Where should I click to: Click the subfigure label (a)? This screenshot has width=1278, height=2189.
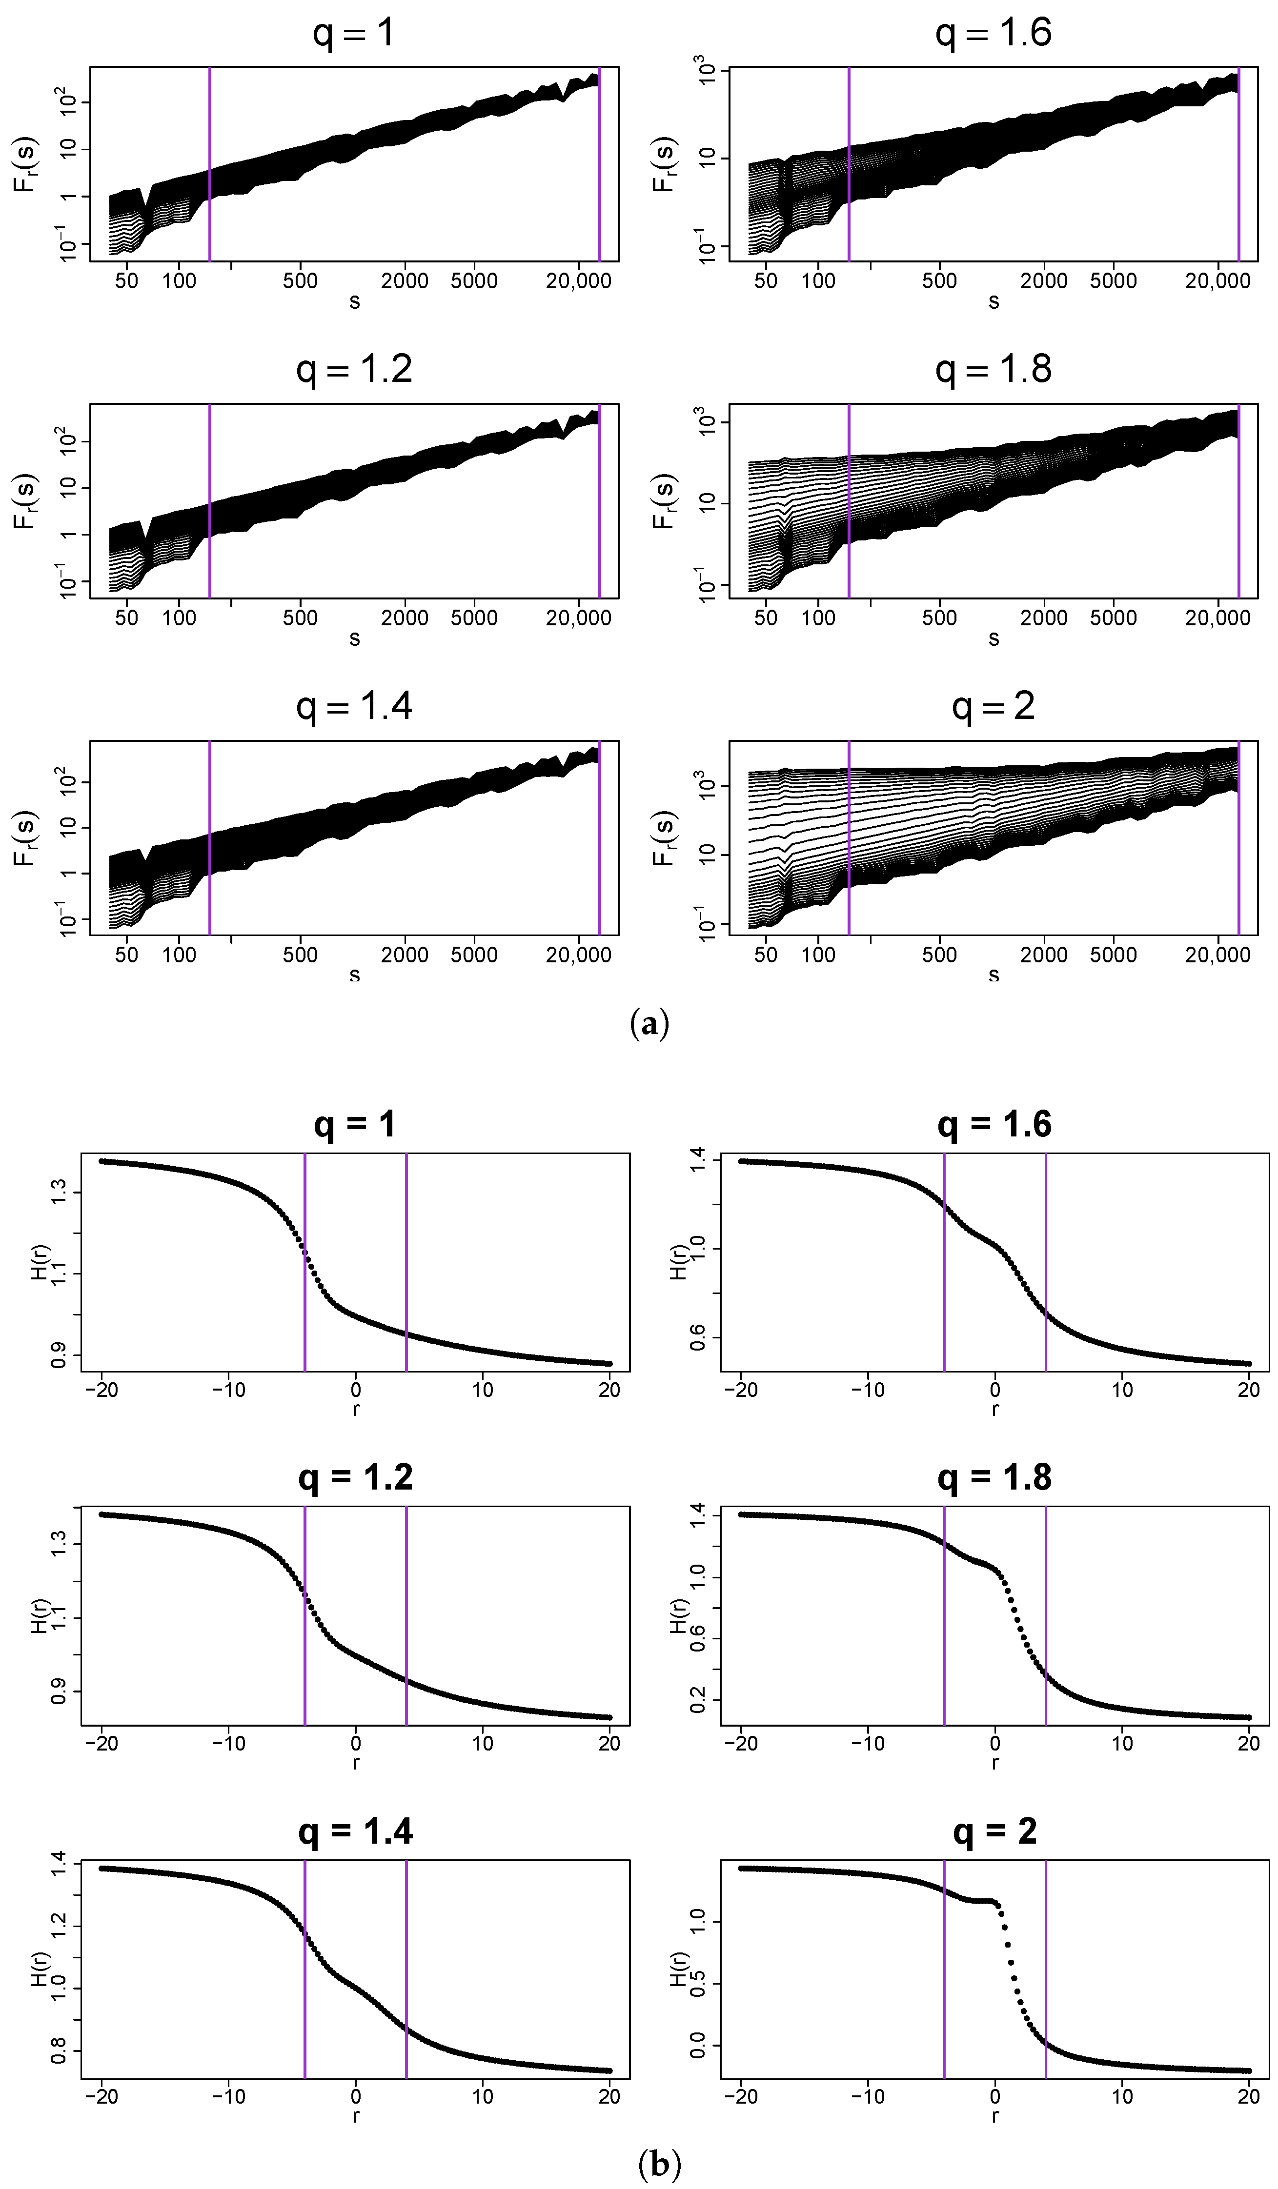point(649,1023)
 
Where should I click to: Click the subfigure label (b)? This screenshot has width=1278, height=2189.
point(659,2163)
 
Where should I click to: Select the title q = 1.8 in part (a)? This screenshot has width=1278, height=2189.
point(993,369)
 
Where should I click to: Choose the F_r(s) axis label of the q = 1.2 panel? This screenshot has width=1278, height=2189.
point(25,501)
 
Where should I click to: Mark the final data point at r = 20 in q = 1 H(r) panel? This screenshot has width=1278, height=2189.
point(609,1364)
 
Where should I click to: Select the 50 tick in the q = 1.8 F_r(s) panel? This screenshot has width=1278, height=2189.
point(766,617)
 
